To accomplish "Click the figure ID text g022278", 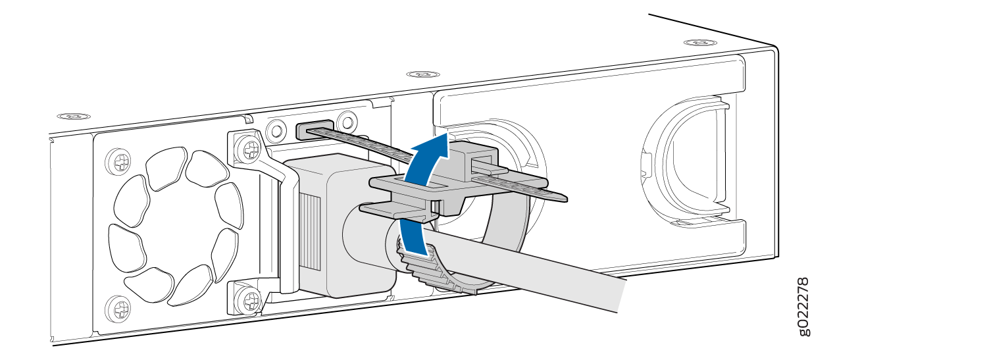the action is (803, 307).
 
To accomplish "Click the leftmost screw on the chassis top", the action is (74, 116).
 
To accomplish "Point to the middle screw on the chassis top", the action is (422, 74).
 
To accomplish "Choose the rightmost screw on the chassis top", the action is (700, 43).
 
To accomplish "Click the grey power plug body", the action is (340, 224).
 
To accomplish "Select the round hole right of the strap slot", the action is (347, 120).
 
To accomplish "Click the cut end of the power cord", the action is (621, 296).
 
